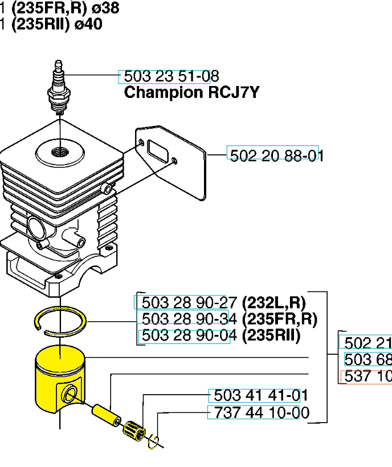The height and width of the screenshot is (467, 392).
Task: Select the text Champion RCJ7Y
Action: (191, 93)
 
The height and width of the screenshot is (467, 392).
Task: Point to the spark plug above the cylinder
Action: (59, 88)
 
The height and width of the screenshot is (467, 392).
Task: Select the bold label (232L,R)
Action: (273, 302)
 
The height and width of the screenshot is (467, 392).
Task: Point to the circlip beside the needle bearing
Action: (154, 442)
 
